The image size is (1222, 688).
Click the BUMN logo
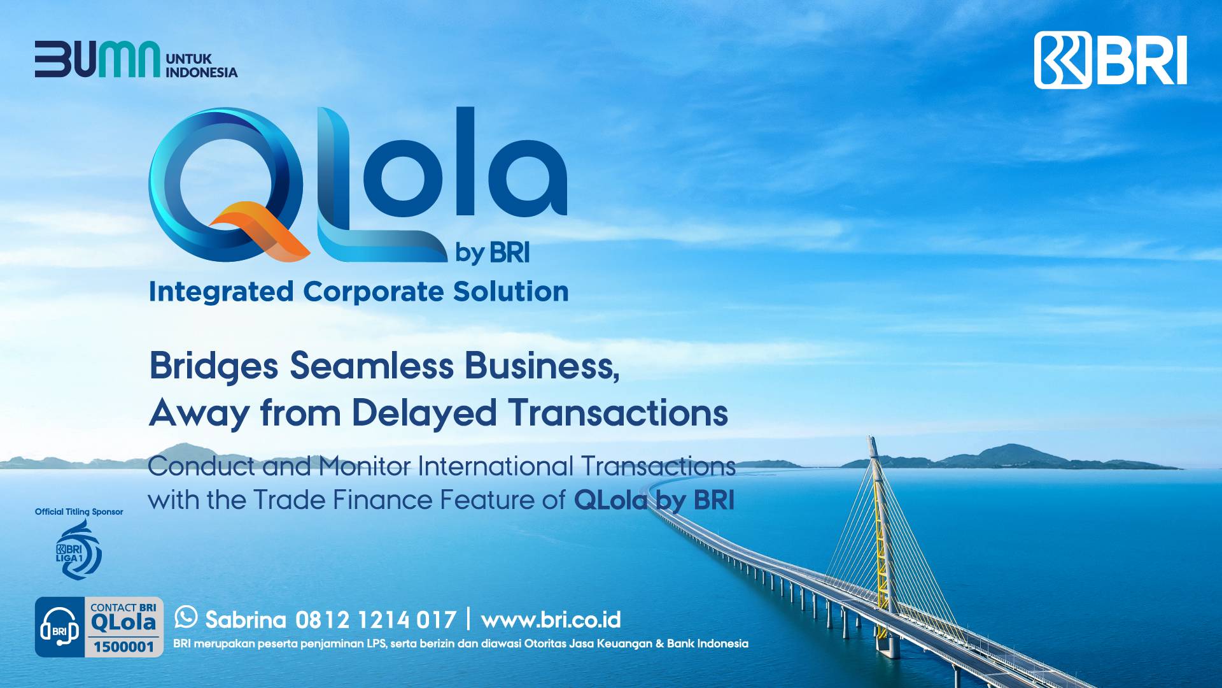click(x=97, y=59)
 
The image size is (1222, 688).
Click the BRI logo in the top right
click(x=1110, y=60)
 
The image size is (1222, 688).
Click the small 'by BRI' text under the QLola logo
click(x=492, y=253)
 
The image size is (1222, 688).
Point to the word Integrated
click(x=221, y=292)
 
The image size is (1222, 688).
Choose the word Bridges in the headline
click(x=213, y=367)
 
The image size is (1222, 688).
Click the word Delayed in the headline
click(x=423, y=413)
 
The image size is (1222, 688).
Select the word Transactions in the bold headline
click(x=617, y=413)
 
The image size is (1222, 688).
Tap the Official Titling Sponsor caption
click(x=79, y=512)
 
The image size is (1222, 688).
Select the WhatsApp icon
click(x=186, y=617)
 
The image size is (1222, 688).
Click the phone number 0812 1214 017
click(x=376, y=620)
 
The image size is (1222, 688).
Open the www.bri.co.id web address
click(x=551, y=620)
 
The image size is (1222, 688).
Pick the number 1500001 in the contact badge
click(x=124, y=647)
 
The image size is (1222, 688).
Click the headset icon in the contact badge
click(x=59, y=627)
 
